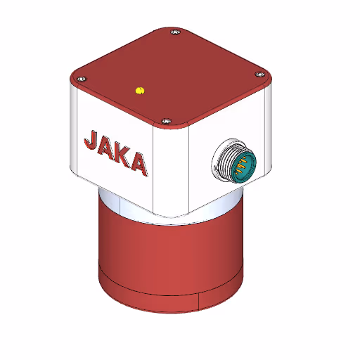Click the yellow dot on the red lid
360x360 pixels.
point(139,90)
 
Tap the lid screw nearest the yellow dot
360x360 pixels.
point(166,121)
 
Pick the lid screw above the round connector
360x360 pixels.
point(259,73)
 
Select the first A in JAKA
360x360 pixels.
point(107,149)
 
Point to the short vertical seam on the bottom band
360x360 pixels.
point(200,300)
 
